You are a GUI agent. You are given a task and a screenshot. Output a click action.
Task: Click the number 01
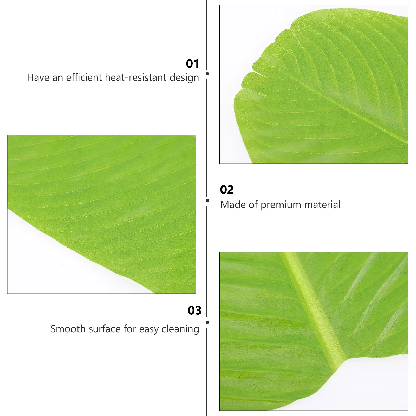192,64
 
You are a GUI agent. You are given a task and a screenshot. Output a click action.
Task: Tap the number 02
227,190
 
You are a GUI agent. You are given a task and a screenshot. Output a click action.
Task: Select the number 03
194,310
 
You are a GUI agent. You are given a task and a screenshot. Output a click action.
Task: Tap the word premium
281,205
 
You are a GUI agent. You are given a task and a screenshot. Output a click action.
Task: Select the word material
322,205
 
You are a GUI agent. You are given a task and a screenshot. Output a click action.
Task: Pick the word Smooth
68,329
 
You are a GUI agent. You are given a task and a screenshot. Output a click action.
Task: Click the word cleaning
180,329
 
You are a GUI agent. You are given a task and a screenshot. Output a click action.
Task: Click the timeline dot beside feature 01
207,74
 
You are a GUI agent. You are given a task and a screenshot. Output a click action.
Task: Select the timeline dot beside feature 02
207,200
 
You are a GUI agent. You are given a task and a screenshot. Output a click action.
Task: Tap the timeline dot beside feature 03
207,322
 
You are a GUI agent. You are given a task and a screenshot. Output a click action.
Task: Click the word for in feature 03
130,329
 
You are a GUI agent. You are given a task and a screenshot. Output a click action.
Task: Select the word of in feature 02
253,205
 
